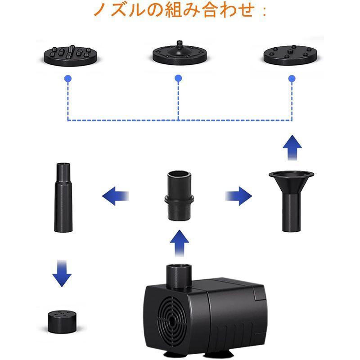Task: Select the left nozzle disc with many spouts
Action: coord(67,55)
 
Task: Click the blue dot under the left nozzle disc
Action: coord(67,79)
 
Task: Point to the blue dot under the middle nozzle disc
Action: coord(178,79)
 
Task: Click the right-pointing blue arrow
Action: coord(238,196)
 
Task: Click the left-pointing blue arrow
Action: coord(116,196)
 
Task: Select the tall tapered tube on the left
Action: coord(63,198)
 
